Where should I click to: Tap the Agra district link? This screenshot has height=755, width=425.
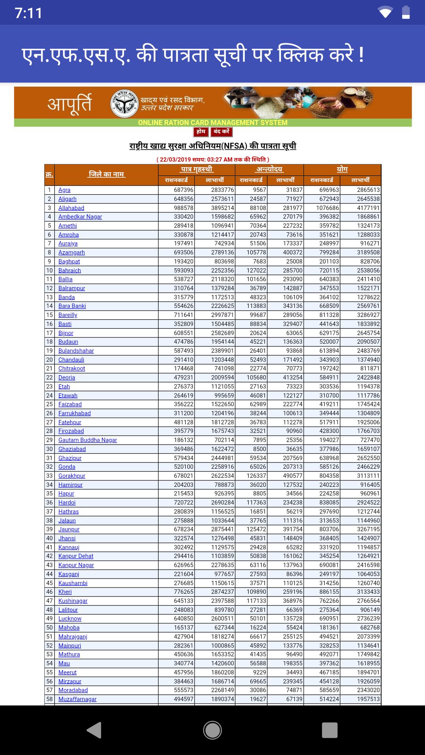(65, 190)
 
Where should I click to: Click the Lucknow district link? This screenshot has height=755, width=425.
(70, 619)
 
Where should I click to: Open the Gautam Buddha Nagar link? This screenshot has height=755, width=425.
(88, 440)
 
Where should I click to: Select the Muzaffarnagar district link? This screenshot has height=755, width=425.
(78, 699)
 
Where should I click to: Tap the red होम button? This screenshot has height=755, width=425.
(201, 132)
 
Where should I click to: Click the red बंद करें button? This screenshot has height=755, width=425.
(222, 132)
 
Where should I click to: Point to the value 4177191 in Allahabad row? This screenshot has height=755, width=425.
(368, 208)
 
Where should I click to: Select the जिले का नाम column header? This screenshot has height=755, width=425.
(106, 174)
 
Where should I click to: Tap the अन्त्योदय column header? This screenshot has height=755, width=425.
(270, 169)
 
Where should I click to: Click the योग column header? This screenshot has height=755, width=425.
(342, 169)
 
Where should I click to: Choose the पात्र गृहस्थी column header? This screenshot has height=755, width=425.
(197, 169)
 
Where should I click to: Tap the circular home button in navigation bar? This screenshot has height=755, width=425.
(213, 730)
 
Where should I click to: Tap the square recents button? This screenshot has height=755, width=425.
(330, 730)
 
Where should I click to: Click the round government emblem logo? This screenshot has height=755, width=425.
(124, 103)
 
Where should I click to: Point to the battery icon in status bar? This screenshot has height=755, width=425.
(406, 13)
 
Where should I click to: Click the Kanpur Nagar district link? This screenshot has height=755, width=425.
(76, 565)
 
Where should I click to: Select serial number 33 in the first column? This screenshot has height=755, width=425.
(50, 476)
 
